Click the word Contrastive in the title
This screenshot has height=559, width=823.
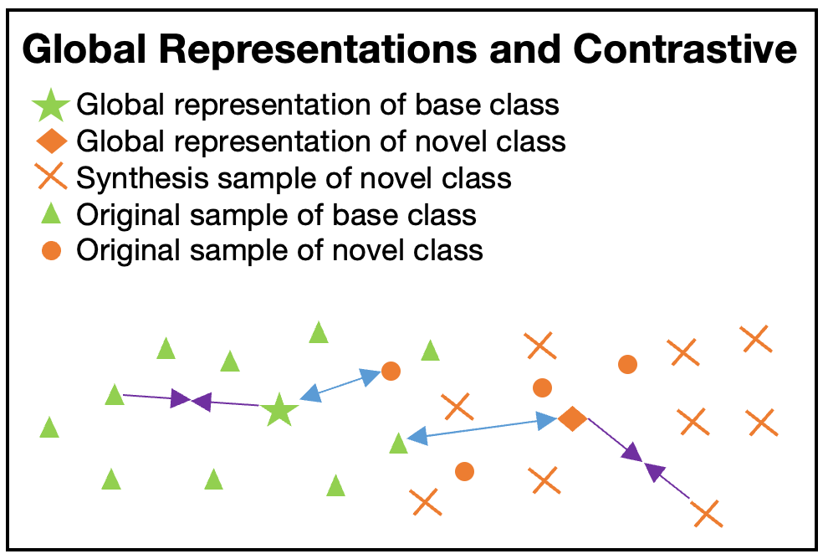click(685, 49)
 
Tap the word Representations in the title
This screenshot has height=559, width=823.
click(317, 50)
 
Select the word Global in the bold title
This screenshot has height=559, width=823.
click(84, 49)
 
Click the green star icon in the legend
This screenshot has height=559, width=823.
click(51, 105)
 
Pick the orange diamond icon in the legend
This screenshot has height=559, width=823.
click(52, 141)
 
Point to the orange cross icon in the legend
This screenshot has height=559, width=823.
click(52, 176)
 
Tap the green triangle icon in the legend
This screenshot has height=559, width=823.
click(51, 214)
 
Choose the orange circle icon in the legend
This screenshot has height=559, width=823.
click(52, 250)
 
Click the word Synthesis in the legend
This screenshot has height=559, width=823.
click(142, 178)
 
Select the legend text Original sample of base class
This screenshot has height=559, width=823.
click(276, 215)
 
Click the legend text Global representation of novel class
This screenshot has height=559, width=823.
click(320, 142)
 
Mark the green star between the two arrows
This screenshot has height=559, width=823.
click(279, 409)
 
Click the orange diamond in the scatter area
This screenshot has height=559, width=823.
click(572, 418)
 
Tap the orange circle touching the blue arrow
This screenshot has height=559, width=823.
click(391, 371)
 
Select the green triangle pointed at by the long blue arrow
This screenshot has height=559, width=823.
click(398, 444)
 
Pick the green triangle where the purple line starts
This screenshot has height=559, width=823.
click(115, 394)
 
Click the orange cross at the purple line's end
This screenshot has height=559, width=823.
click(707, 513)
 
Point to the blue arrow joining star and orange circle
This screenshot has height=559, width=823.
click(340, 385)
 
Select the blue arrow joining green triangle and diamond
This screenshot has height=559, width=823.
click(482, 428)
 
